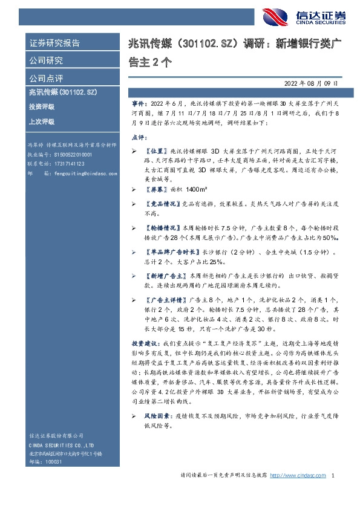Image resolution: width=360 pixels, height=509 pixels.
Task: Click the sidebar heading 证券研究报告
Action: point(54,43)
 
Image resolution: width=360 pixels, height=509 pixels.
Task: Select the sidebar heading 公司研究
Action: point(46,60)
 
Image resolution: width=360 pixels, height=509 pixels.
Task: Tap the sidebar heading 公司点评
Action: point(46,78)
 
